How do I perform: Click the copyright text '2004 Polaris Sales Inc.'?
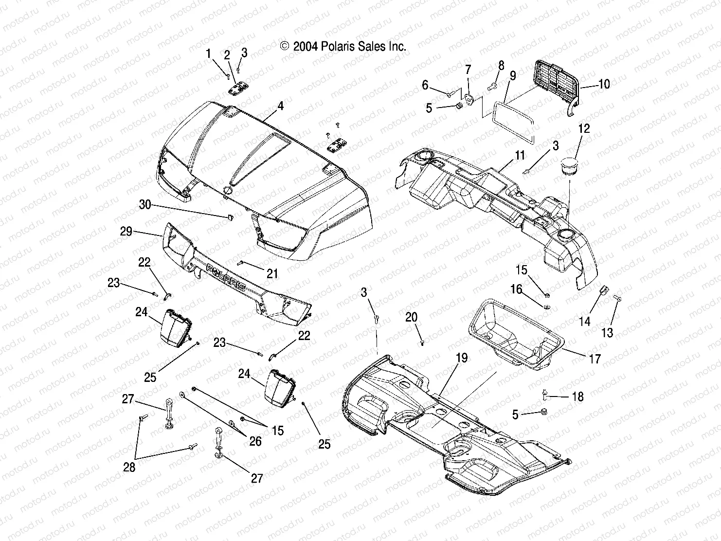[343, 46]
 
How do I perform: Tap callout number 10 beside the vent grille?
[603, 84]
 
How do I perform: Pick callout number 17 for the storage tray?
[595, 359]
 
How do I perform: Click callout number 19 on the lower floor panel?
[461, 358]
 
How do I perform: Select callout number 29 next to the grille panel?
[126, 232]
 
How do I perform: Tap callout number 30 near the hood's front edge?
[145, 205]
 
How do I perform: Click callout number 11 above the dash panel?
[520, 156]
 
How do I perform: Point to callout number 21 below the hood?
[272, 274]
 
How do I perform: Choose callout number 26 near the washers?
[255, 441]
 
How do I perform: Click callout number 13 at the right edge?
[607, 333]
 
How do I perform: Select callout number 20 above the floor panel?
[411, 318]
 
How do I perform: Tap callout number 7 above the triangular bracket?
[468, 68]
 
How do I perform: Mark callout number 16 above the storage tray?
[516, 290]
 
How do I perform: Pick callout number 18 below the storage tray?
[577, 397]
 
